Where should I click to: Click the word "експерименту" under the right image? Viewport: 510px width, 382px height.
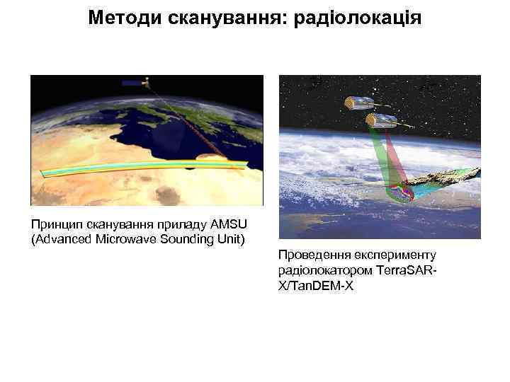point(390,255)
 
